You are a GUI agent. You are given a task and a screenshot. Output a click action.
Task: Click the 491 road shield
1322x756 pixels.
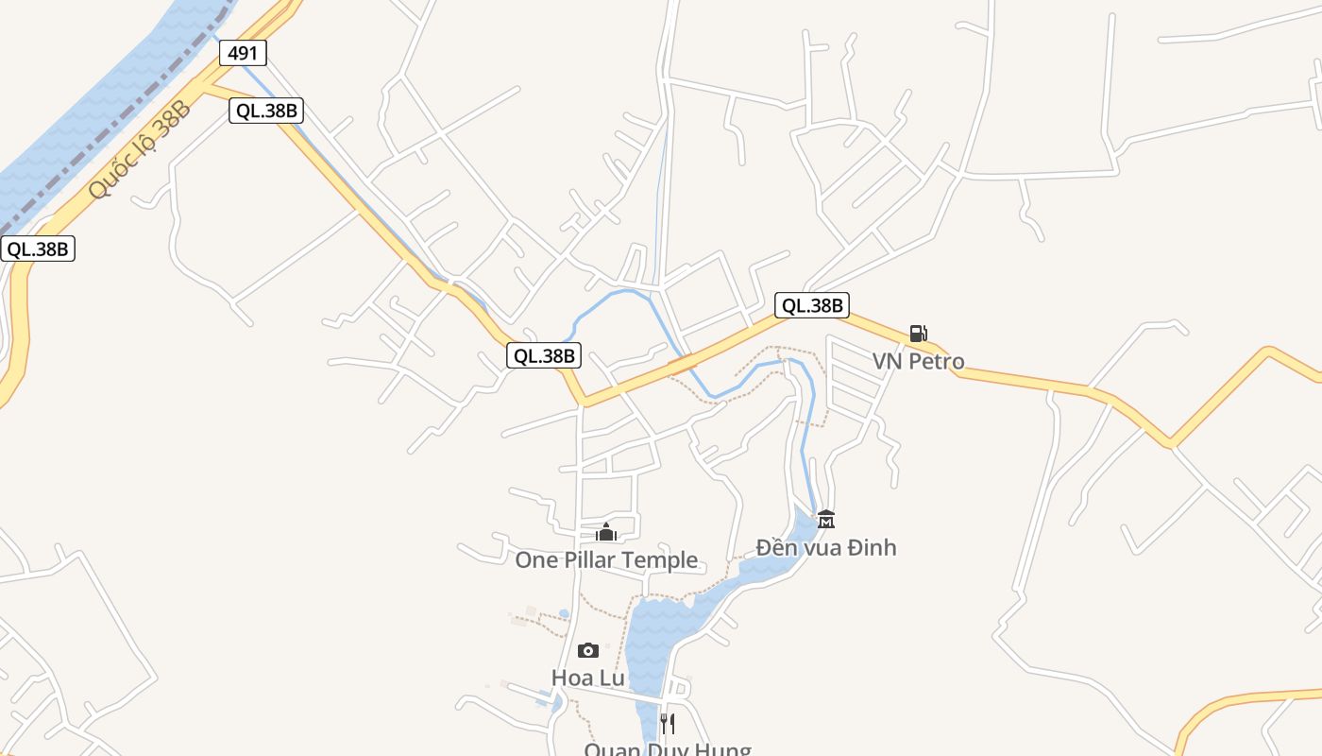click(x=244, y=53)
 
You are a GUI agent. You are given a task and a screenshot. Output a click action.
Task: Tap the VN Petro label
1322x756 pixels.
click(x=918, y=361)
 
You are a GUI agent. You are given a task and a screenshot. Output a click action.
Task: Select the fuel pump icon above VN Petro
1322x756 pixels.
click(x=918, y=333)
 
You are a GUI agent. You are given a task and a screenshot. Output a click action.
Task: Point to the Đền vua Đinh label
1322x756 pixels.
click(x=826, y=547)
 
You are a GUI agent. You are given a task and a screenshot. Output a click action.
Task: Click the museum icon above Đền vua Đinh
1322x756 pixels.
click(x=826, y=519)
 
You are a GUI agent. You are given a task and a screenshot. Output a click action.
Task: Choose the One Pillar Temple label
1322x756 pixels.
click(x=606, y=560)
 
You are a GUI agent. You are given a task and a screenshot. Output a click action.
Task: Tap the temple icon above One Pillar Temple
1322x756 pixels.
click(x=606, y=533)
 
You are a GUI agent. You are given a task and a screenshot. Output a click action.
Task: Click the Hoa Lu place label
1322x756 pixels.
click(x=587, y=678)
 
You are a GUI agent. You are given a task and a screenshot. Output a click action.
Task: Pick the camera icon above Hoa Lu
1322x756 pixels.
click(x=587, y=650)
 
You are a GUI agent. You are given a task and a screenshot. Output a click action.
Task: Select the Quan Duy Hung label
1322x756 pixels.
click(x=667, y=749)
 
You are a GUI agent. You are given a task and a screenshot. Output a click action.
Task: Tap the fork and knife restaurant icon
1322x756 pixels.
click(x=667, y=724)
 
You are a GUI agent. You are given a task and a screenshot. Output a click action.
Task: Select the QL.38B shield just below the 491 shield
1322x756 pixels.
click(x=266, y=111)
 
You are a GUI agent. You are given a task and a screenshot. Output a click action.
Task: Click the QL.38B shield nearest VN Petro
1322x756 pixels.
click(x=812, y=305)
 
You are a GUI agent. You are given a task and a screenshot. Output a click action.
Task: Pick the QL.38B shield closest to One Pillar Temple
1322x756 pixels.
click(x=544, y=355)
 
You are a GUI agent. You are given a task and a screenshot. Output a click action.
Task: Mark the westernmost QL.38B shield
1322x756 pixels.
click(x=38, y=249)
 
